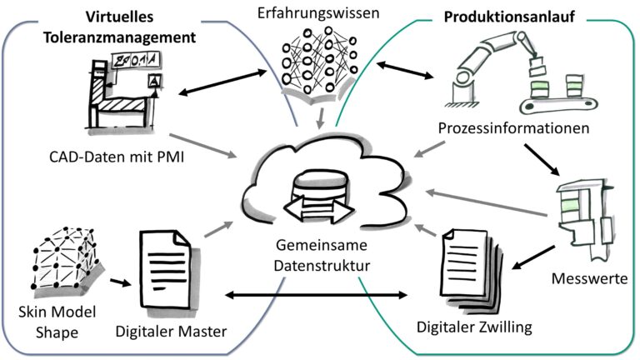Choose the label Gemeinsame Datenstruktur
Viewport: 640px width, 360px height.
pyautogui.click(x=319, y=257)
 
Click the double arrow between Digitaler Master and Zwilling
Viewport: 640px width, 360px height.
pyautogui.click(x=319, y=295)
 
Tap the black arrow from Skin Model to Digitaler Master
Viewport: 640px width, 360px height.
pyautogui.click(x=117, y=281)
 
